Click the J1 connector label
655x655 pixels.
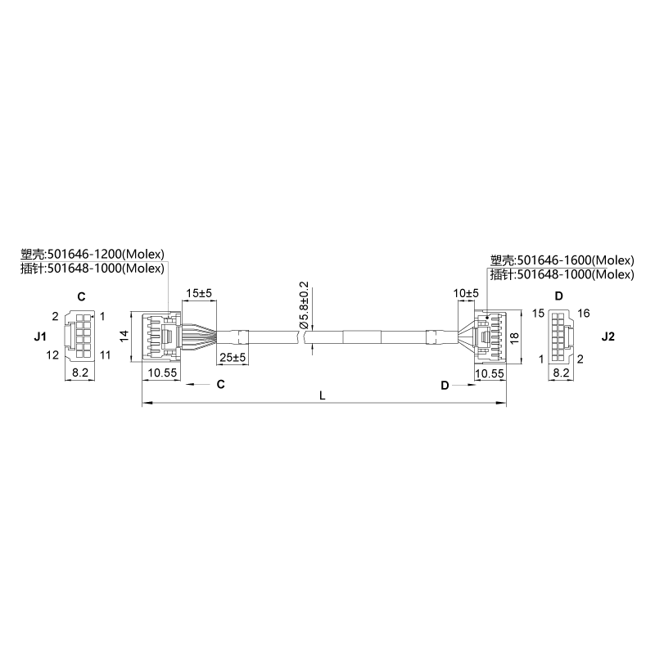[x=40, y=337]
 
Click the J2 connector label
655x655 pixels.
[x=608, y=337]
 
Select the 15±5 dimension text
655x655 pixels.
[x=199, y=293]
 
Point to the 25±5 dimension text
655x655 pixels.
[x=233, y=358]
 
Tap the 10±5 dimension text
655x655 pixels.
[x=466, y=293]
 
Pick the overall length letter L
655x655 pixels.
[x=322, y=395]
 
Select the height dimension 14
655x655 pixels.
[x=124, y=337]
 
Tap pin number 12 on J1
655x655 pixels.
[x=52, y=355]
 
